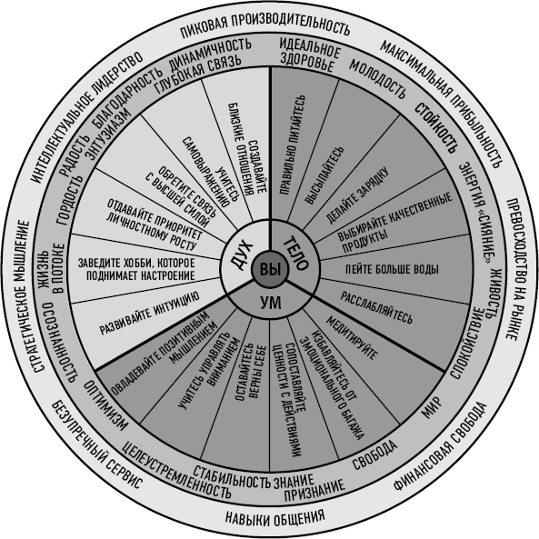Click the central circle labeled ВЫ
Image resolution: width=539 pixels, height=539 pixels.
271,269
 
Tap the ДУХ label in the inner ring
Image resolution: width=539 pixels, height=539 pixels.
241,255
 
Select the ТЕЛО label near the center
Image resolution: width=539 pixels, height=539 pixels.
296,253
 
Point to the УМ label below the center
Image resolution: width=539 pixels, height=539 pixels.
271,303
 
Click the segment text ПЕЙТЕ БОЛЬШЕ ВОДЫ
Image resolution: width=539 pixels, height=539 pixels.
392,269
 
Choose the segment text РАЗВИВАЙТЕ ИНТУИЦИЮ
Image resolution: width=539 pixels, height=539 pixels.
150,313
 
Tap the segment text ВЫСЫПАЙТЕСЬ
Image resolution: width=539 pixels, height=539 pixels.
324,175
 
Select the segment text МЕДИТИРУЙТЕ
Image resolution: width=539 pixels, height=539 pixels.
352,337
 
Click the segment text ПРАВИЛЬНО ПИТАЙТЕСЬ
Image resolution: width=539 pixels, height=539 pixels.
292,145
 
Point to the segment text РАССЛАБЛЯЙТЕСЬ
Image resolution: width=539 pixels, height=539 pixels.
376,307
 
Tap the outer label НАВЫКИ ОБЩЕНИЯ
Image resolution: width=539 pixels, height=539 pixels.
275,516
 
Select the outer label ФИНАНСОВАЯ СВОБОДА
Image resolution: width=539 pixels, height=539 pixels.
440,446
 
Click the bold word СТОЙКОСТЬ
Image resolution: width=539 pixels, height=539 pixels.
436,128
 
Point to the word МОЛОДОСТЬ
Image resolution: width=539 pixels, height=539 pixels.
377,79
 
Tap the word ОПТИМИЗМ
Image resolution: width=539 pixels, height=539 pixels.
105,405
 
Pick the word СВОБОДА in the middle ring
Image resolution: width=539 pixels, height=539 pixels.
374,454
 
